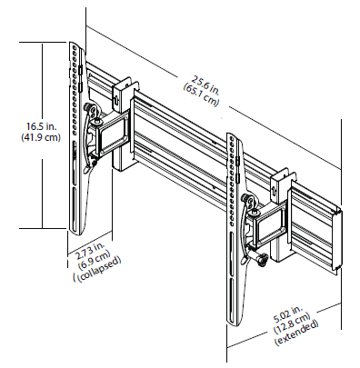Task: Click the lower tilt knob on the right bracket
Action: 262,261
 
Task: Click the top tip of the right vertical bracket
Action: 233,138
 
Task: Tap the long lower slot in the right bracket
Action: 239,291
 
